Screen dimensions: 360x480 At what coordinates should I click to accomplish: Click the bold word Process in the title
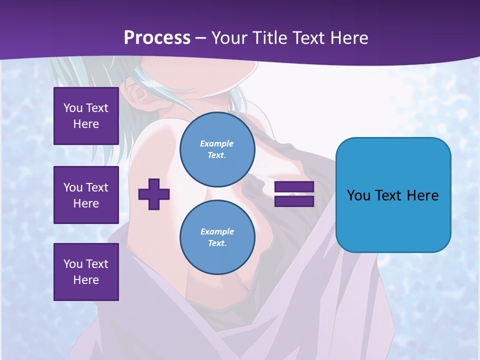(157, 38)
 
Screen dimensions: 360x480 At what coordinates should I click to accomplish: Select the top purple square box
(86, 116)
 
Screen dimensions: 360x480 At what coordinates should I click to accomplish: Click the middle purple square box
(86, 195)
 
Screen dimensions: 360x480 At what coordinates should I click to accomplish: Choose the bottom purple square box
(86, 272)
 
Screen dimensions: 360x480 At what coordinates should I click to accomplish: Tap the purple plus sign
(154, 194)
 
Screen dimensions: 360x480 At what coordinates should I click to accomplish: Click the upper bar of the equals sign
(294, 187)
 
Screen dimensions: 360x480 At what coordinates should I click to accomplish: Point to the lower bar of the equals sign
(294, 201)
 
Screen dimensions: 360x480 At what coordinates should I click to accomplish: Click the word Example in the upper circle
(217, 143)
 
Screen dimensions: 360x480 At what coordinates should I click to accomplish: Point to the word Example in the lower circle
(217, 231)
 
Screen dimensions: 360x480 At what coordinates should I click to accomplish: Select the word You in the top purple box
(73, 108)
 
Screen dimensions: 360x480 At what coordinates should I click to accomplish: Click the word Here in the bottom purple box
(86, 280)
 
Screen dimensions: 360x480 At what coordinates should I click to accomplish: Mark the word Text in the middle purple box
(96, 187)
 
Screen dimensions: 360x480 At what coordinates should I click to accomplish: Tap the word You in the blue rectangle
(358, 195)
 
